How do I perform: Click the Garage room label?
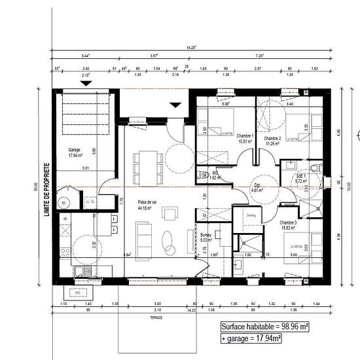point(74,153)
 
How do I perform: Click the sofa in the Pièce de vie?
point(143,233)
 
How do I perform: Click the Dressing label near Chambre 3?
point(251,215)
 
